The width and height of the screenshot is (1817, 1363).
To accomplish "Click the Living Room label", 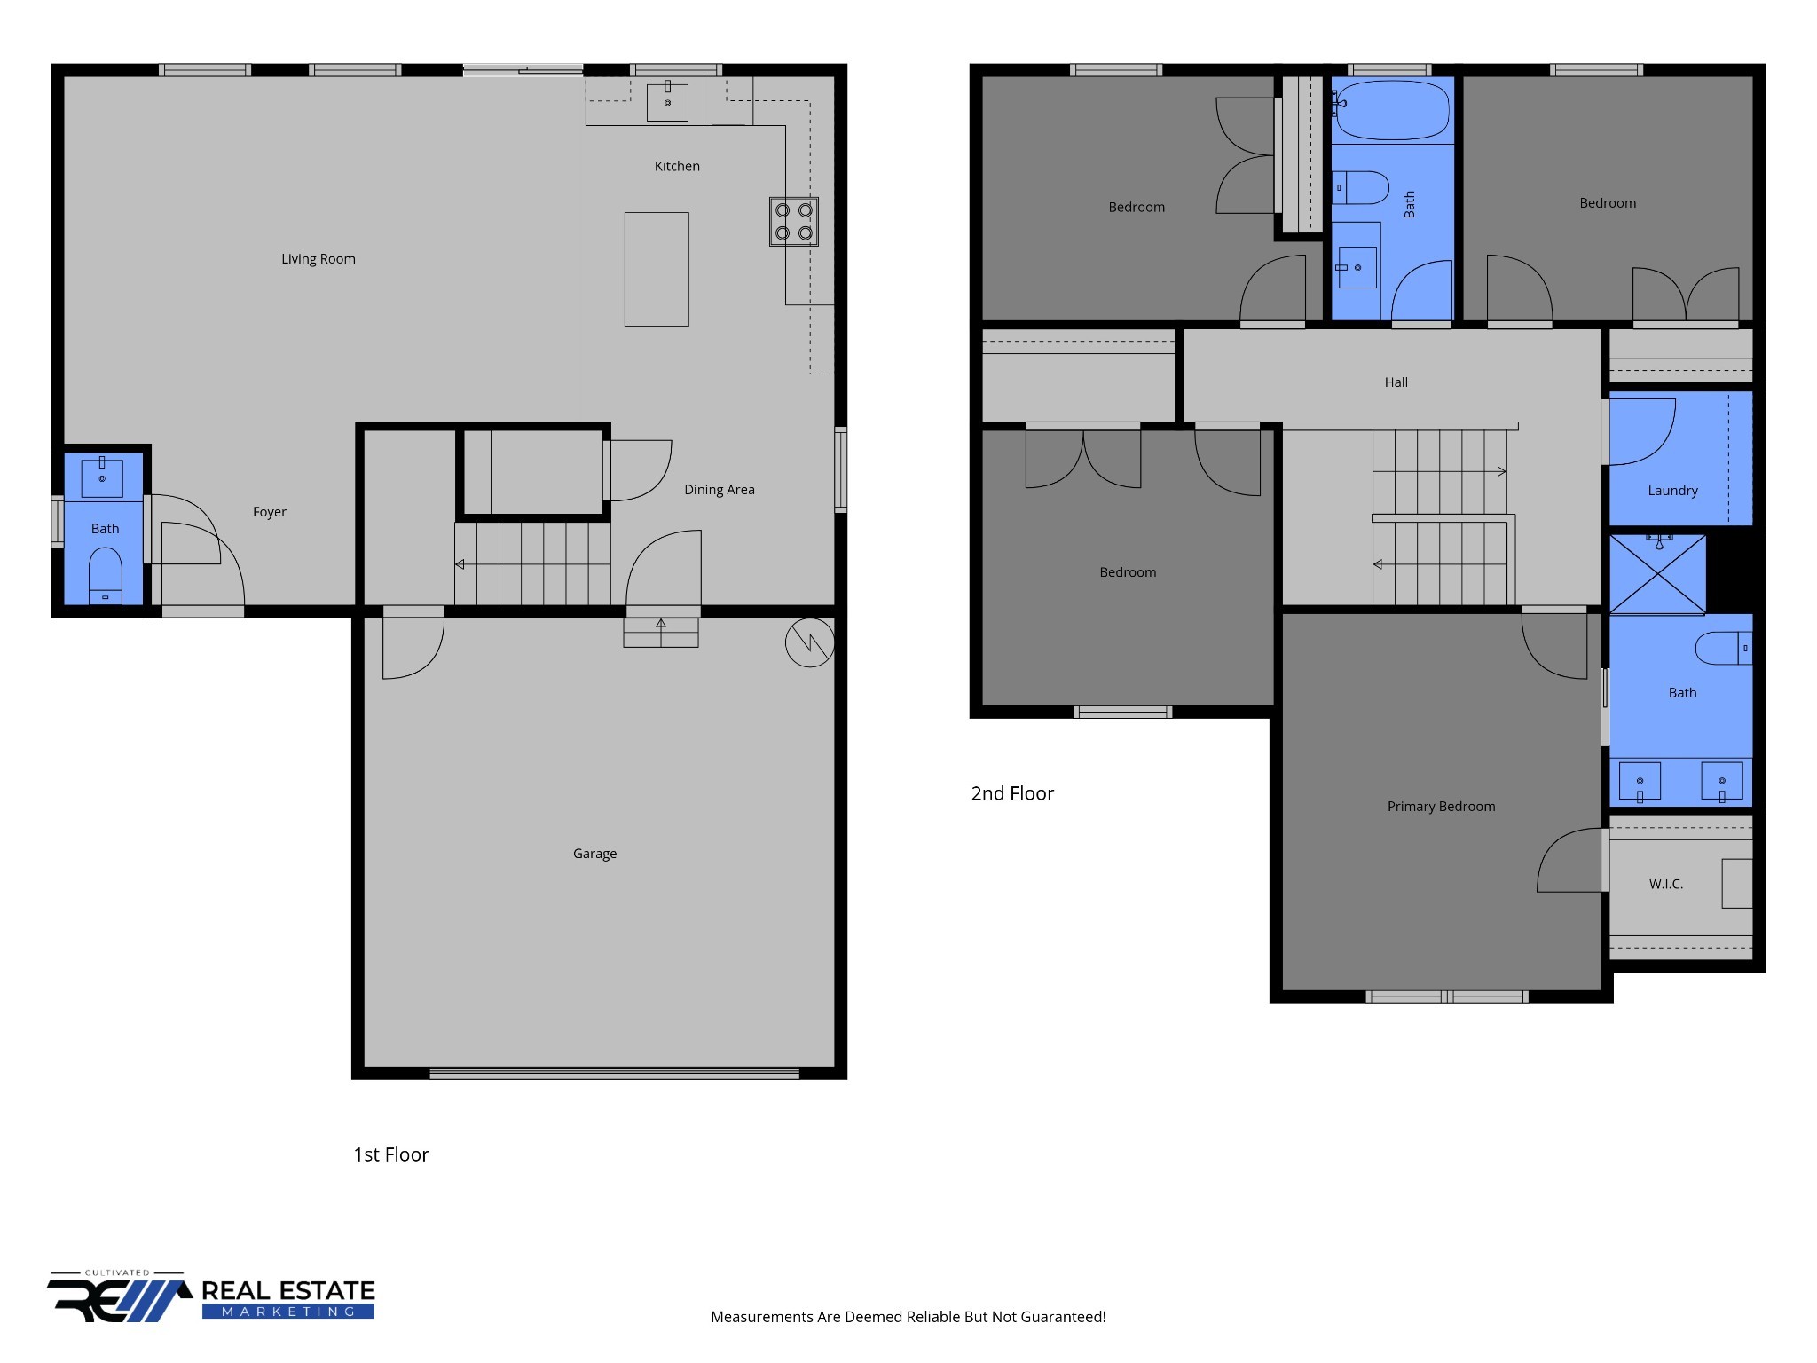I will click(x=318, y=259).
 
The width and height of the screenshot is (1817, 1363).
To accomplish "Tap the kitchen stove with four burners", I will click(x=793, y=222).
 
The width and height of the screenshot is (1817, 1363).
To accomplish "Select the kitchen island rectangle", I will click(x=657, y=269).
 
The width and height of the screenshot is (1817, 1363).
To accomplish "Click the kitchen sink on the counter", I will click(x=667, y=101).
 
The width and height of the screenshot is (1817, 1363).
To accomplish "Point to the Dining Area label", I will click(x=719, y=490).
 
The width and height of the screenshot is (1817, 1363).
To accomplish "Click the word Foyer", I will click(x=269, y=512).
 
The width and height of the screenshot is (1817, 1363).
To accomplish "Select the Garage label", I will click(x=594, y=854).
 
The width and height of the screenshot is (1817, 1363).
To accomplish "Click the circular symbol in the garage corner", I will click(x=809, y=642).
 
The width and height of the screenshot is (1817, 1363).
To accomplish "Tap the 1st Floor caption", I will click(x=390, y=1154).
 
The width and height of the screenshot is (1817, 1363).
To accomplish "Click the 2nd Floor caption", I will click(x=1012, y=793).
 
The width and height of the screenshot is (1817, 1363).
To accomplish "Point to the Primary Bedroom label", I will click(x=1441, y=807).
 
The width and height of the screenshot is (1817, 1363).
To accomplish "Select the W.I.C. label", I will click(x=1665, y=884).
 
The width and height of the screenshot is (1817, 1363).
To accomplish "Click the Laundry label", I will click(x=1672, y=491).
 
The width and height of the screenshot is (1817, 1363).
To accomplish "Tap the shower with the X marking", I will click(x=1657, y=574).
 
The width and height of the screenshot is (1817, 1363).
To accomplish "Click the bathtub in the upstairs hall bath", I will click(x=1391, y=111).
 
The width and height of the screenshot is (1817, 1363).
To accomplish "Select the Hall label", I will click(x=1396, y=382).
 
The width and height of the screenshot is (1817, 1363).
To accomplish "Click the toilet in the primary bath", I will click(x=1721, y=648).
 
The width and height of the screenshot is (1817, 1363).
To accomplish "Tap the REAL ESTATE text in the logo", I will click(x=288, y=1291).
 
